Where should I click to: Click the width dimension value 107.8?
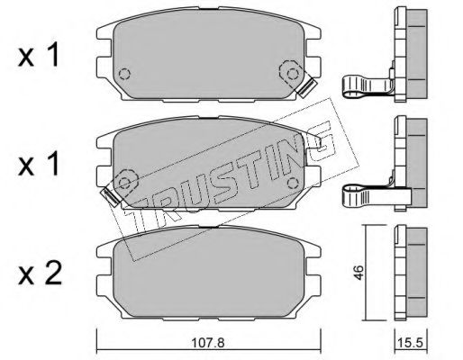pos(208,342)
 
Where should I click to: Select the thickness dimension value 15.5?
pos(411,342)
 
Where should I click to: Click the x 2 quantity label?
pos(40,273)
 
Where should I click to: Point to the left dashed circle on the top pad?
pos(124,74)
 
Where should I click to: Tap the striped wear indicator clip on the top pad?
pos(306,87)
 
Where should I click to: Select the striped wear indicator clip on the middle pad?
pos(112,197)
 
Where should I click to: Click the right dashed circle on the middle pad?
pos(293,183)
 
